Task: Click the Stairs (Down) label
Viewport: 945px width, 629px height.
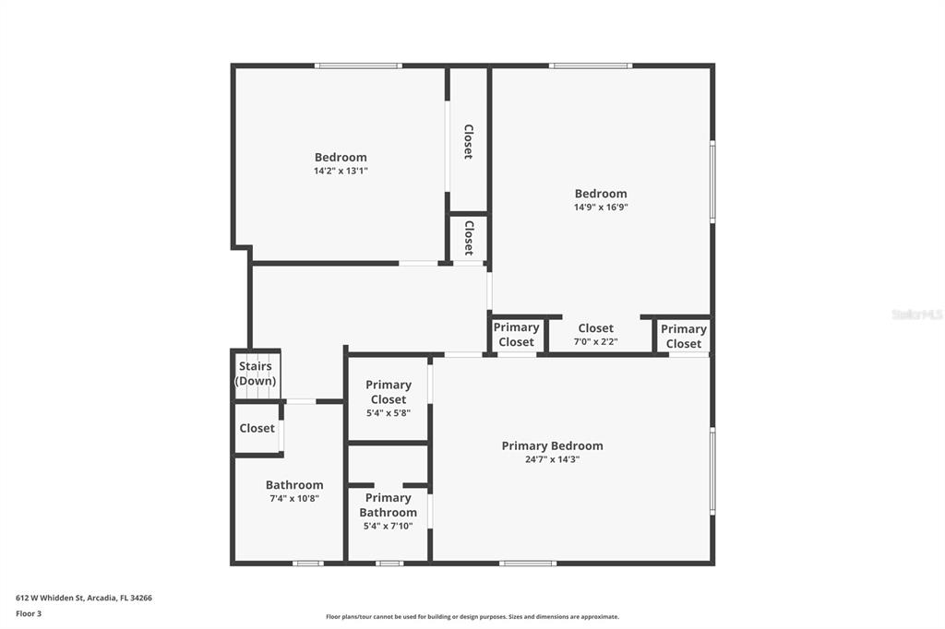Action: point(256,374)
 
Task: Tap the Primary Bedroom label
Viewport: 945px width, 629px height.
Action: point(552,445)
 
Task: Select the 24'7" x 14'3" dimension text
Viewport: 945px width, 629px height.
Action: point(552,459)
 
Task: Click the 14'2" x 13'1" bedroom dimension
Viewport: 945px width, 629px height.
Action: point(341,171)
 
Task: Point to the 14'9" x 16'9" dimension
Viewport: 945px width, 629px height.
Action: point(601,208)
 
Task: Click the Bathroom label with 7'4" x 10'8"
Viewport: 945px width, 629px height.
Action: point(294,485)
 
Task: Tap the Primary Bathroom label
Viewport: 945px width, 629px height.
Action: point(388,505)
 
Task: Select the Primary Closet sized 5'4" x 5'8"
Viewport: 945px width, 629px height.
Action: point(389,392)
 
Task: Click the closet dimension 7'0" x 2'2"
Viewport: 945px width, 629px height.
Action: point(596,342)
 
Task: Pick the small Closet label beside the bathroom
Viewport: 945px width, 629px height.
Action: point(257,428)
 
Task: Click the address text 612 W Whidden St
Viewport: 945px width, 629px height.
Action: point(84,598)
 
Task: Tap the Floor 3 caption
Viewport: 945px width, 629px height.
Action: point(29,613)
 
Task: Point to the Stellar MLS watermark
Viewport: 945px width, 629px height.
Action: point(916,314)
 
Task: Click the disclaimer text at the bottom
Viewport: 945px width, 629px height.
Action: point(472,617)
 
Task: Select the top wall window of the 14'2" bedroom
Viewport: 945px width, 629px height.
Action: point(358,65)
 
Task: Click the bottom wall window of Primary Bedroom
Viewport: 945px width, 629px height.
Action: point(528,563)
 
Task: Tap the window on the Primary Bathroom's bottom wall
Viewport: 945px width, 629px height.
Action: point(389,563)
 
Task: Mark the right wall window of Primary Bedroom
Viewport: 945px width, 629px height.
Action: point(712,470)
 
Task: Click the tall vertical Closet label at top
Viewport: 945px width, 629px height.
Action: point(468,142)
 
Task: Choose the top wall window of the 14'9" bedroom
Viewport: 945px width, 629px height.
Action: point(591,65)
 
